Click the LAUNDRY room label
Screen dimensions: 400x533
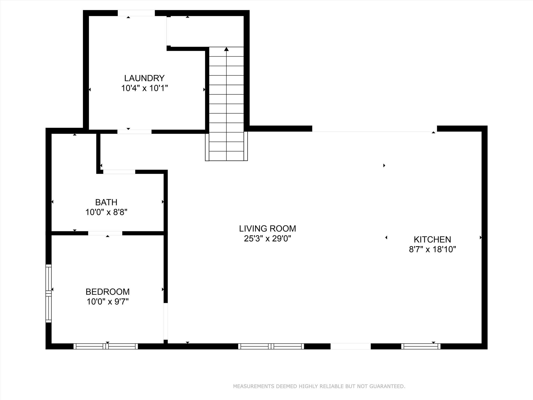[144, 78]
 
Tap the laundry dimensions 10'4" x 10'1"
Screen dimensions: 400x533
[144, 88]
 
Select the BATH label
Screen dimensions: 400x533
[106, 202]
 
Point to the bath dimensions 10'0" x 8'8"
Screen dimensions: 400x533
[106, 212]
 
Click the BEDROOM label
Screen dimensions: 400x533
[107, 292]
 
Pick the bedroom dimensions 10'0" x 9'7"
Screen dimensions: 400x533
[107, 302]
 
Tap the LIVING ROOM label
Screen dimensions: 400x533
[268, 229]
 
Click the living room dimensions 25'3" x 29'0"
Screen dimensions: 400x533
[268, 239]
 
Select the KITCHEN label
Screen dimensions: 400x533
[432, 240]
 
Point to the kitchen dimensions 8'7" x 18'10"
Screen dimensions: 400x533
[432, 249]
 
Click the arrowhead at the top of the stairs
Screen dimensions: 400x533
[226, 49]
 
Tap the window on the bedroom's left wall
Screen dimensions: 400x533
[48, 293]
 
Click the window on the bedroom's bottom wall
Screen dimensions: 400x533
[106, 346]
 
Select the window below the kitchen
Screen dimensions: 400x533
[421, 346]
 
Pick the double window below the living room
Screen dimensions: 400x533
[271, 346]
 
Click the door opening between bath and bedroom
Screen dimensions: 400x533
[105, 233]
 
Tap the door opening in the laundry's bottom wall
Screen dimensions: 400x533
[134, 132]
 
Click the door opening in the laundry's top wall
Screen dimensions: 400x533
[136, 13]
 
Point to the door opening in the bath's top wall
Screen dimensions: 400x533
[119, 172]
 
